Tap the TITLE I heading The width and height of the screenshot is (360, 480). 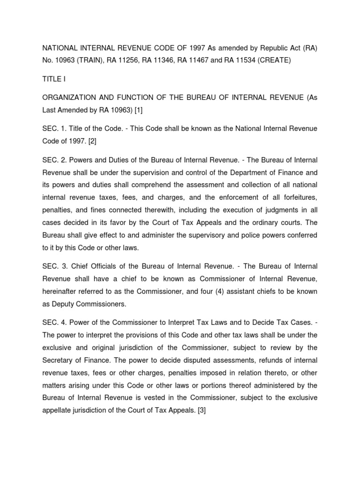53,80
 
